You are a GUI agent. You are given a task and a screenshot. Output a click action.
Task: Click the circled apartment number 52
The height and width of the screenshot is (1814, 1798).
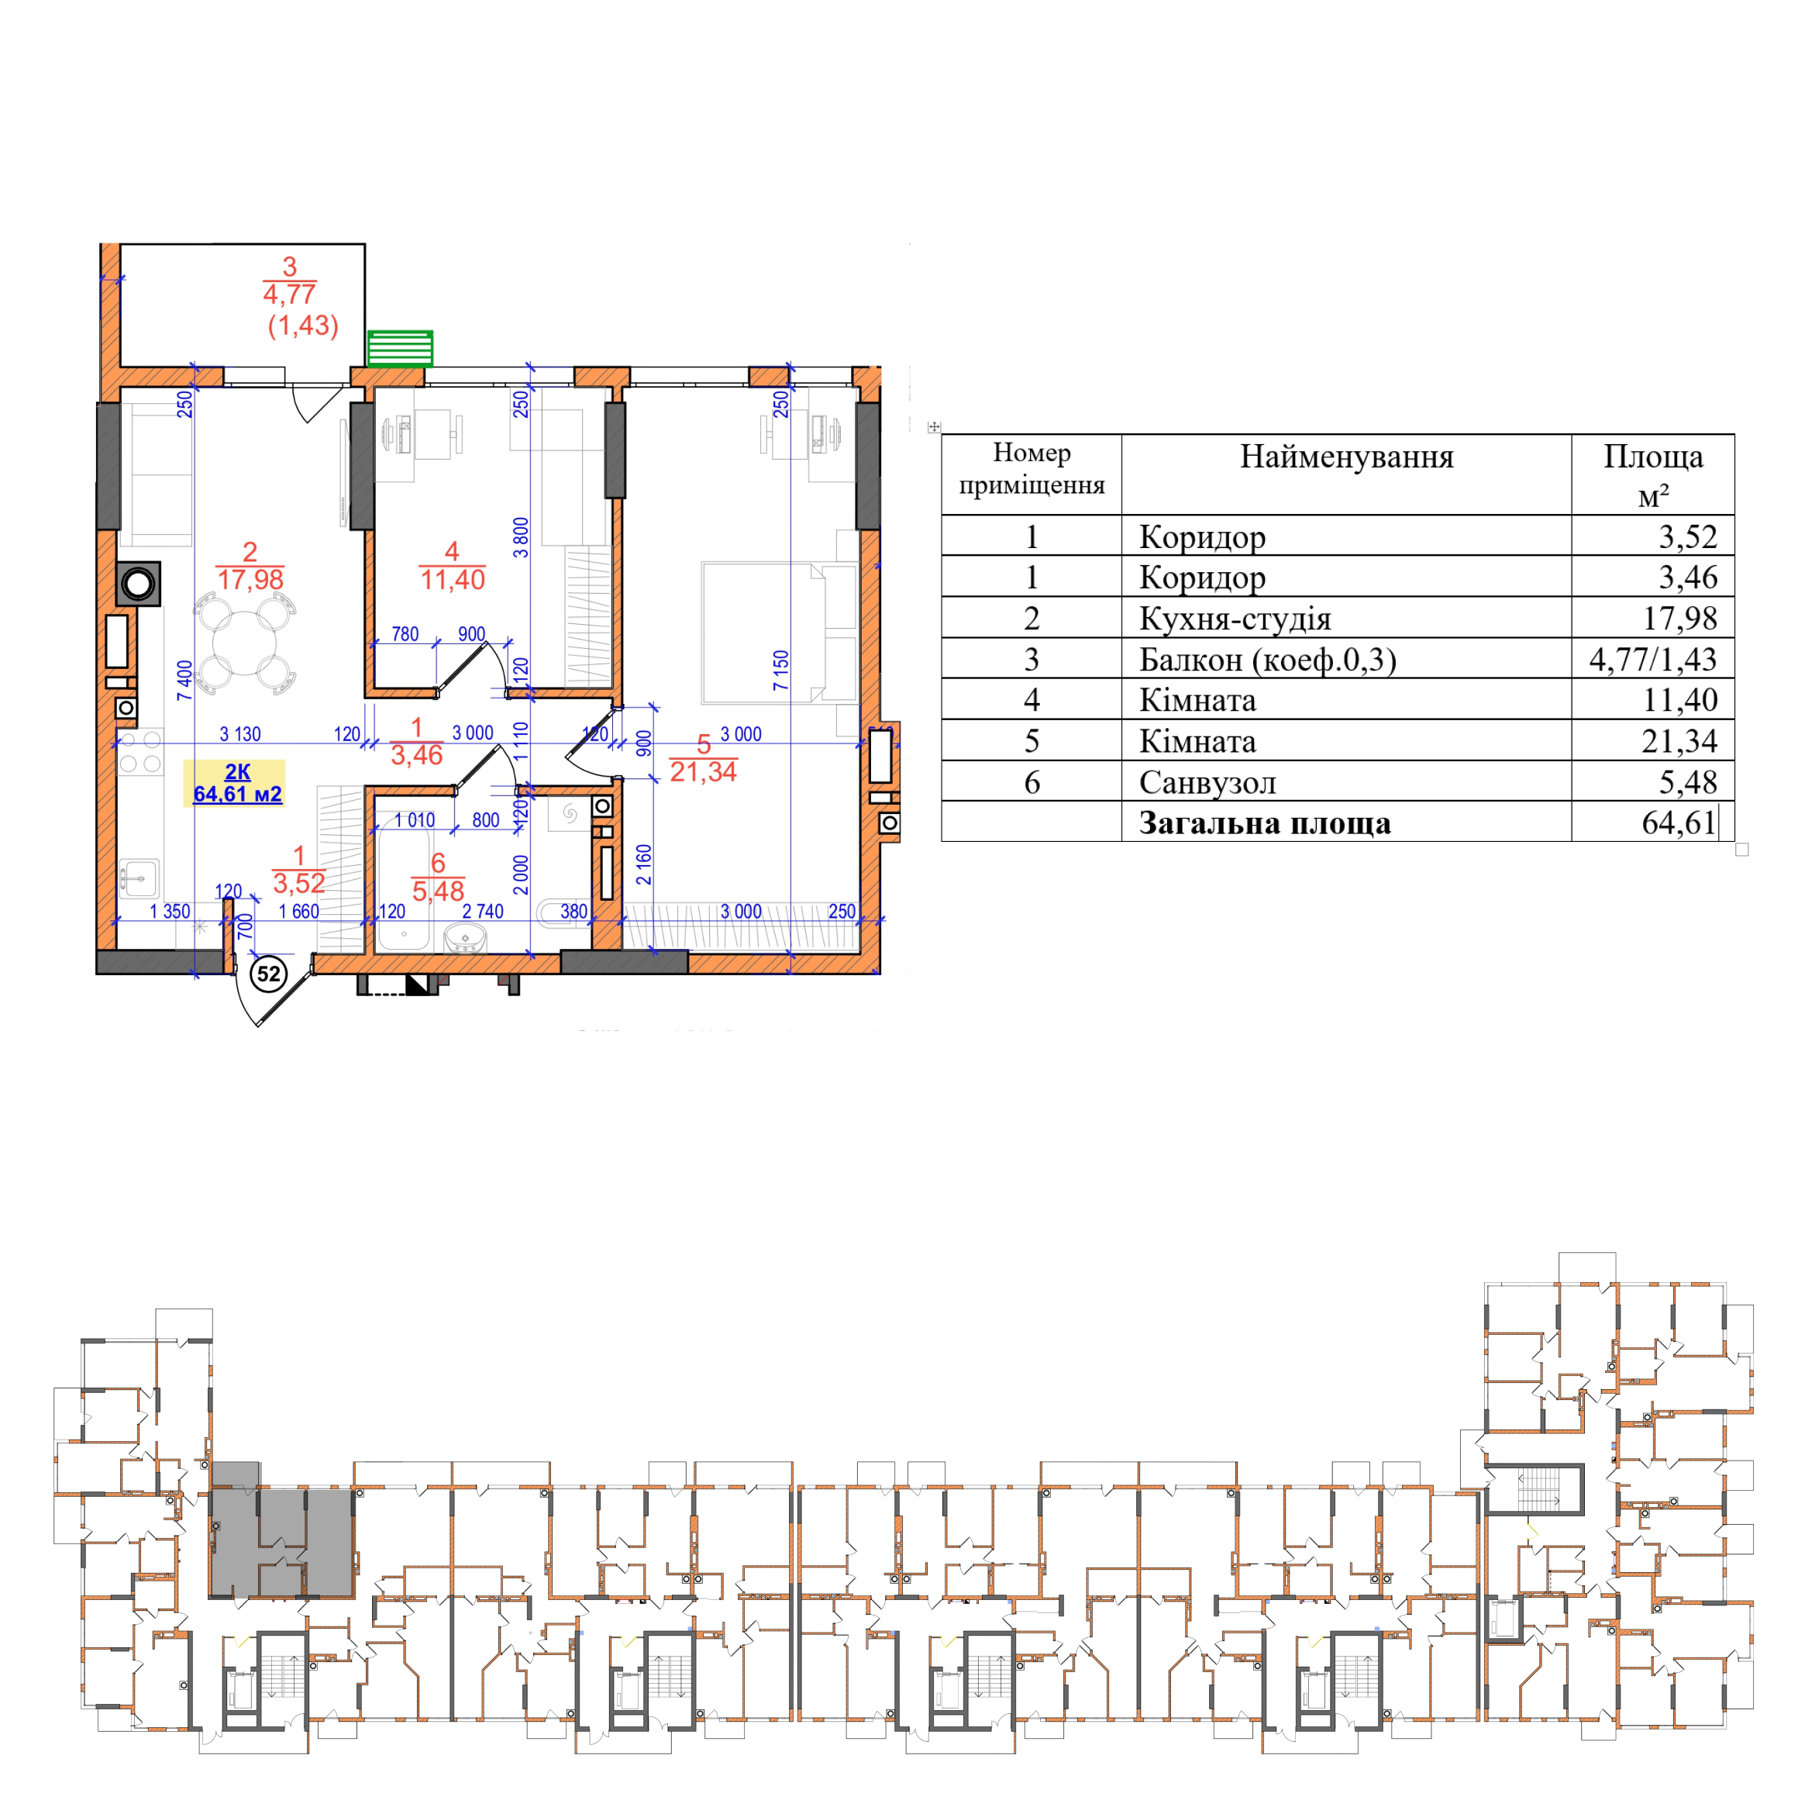click(x=268, y=974)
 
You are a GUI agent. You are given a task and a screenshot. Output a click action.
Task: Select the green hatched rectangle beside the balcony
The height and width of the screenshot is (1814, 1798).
click(x=400, y=347)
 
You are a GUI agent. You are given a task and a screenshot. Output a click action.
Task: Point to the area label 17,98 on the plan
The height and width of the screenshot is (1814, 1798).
click(x=250, y=579)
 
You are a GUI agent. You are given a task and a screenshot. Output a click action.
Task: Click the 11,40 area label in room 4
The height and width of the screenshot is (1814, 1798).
click(x=453, y=579)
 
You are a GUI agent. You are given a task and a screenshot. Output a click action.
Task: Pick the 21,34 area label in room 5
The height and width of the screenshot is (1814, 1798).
click(x=703, y=772)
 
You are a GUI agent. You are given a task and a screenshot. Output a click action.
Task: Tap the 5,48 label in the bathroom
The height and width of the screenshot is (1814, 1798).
click(x=438, y=891)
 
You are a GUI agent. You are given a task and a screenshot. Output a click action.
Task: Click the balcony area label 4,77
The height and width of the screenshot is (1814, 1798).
click(x=289, y=294)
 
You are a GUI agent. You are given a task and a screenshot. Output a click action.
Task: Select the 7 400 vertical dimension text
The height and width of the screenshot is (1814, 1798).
click(x=185, y=680)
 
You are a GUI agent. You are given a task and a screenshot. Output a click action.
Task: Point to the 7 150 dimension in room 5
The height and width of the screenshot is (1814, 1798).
click(x=781, y=671)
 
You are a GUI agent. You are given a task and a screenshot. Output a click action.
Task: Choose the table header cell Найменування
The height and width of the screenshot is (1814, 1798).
click(x=1346, y=457)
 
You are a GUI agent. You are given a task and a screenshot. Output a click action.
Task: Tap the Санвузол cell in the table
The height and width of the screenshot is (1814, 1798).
click(x=1207, y=782)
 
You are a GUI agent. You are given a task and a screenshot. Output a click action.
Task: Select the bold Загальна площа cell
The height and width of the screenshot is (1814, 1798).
click(x=1265, y=823)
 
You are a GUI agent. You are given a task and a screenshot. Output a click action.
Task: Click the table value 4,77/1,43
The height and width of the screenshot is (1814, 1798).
click(x=1652, y=659)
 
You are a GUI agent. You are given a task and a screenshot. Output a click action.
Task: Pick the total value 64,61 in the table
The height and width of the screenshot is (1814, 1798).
click(x=1679, y=823)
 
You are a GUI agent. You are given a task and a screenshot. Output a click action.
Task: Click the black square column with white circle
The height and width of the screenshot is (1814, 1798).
click(x=138, y=584)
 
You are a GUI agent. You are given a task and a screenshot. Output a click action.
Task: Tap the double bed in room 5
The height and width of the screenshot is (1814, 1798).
click(x=780, y=633)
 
